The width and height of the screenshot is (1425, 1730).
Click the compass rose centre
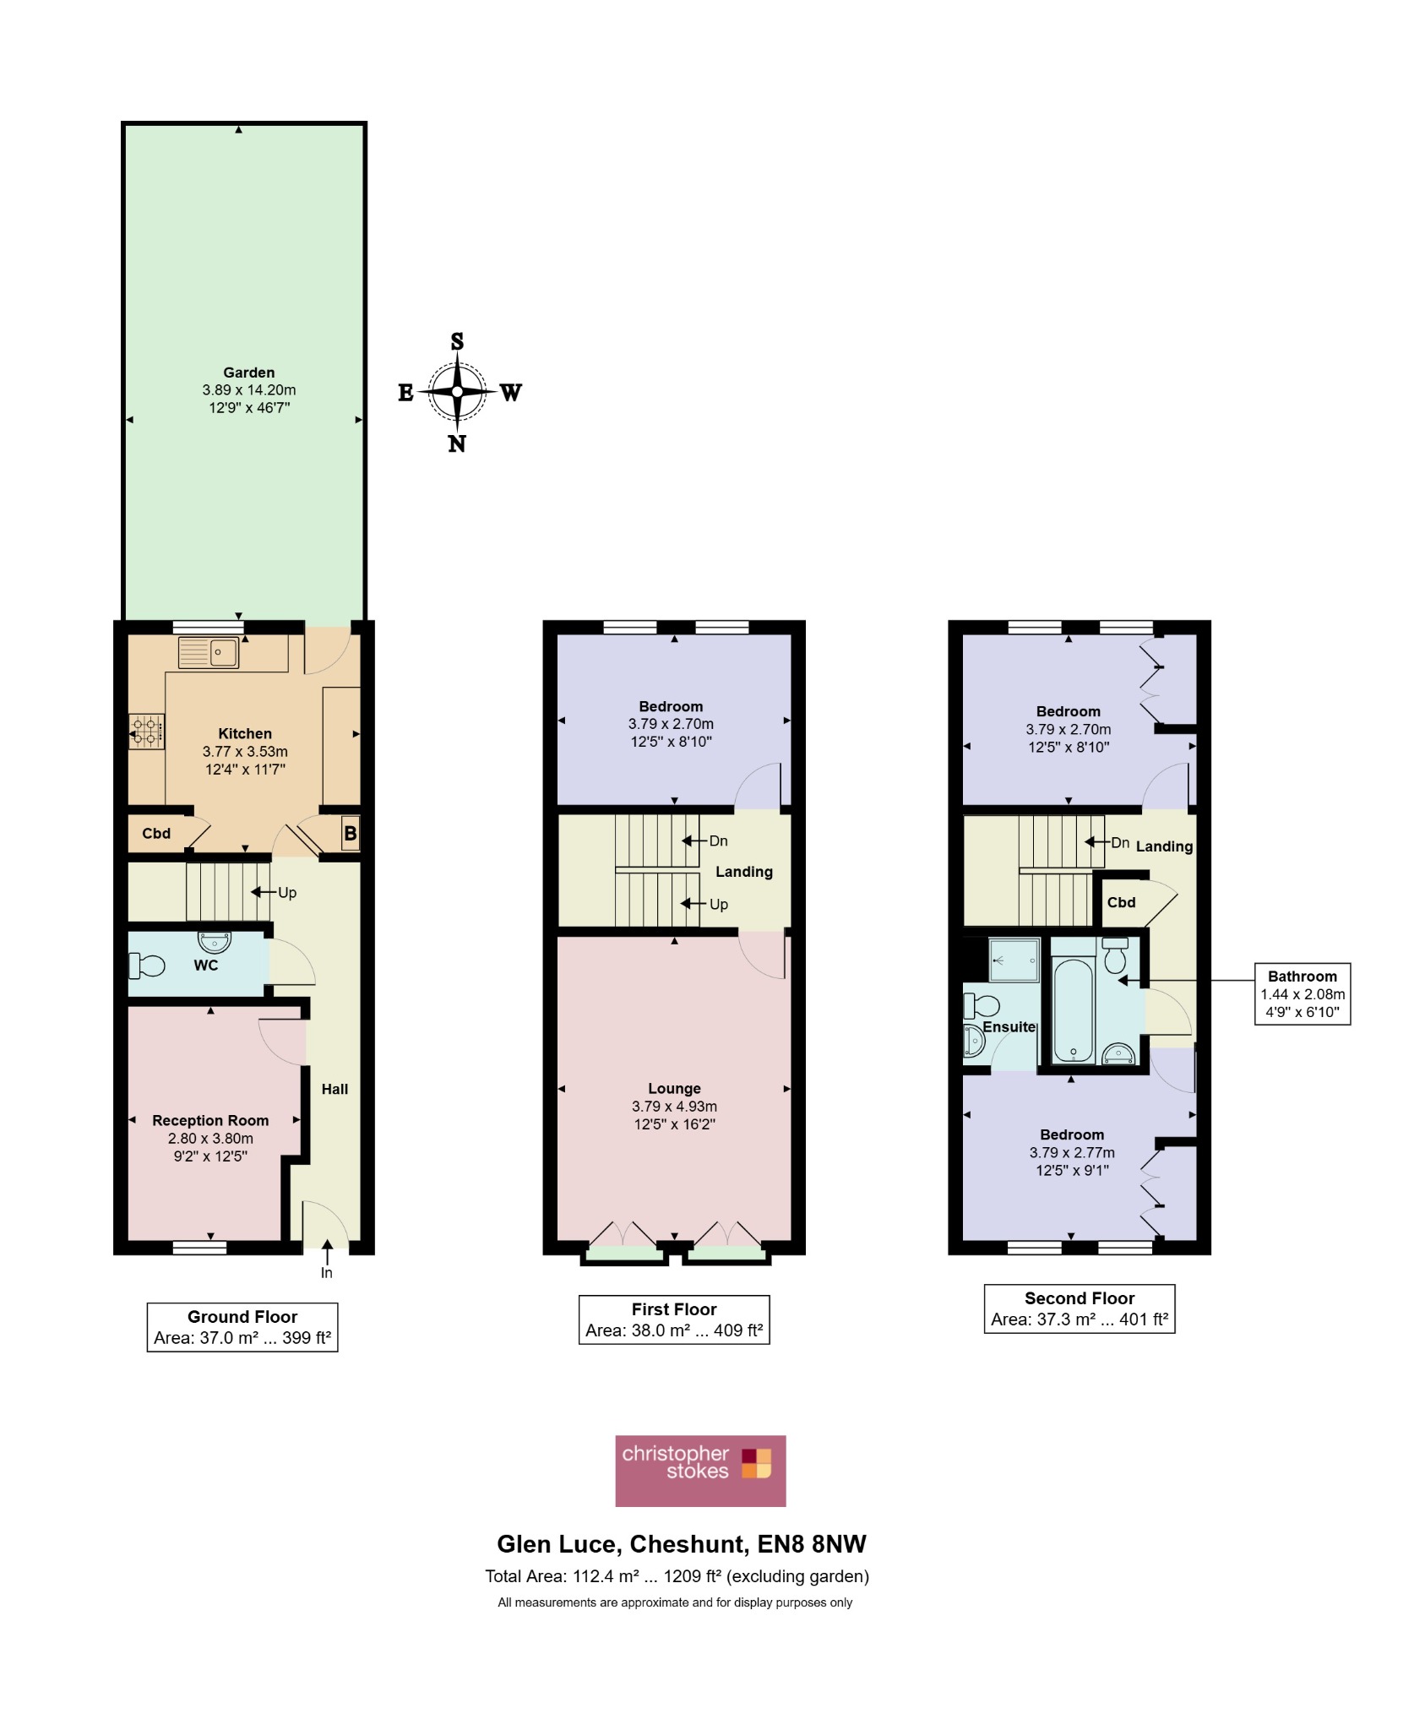(x=457, y=392)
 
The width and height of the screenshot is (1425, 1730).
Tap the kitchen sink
(x=208, y=652)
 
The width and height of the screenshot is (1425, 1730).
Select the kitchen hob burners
(x=146, y=732)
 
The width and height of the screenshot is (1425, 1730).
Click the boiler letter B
(x=350, y=834)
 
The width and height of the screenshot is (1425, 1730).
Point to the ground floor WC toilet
(x=146, y=965)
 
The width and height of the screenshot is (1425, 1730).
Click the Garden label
(x=248, y=373)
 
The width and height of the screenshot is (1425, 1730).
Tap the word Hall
(x=334, y=1089)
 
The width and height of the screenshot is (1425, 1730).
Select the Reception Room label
(x=210, y=1120)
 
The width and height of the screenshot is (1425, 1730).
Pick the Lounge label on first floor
(x=674, y=1088)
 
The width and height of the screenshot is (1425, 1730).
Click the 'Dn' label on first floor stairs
(x=719, y=841)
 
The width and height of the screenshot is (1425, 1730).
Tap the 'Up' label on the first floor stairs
(x=719, y=904)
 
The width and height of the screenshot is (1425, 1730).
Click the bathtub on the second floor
(x=1073, y=1009)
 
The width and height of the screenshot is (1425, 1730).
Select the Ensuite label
(x=1009, y=1026)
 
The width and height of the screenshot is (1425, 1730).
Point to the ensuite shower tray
(x=1014, y=960)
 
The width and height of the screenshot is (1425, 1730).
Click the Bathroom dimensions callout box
(x=1303, y=993)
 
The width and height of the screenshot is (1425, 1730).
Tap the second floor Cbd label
(x=1121, y=902)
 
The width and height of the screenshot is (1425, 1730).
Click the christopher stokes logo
(x=700, y=1471)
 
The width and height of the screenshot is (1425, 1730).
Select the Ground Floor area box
(x=242, y=1327)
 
